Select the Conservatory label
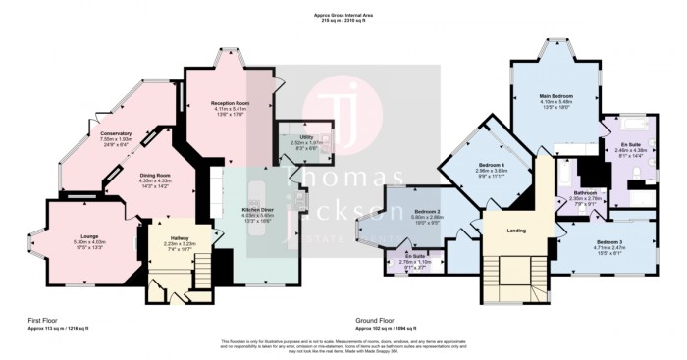point(102,134)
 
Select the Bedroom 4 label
point(491,164)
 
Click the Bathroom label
point(585,193)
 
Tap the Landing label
point(516,231)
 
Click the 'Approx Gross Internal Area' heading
point(343,14)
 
